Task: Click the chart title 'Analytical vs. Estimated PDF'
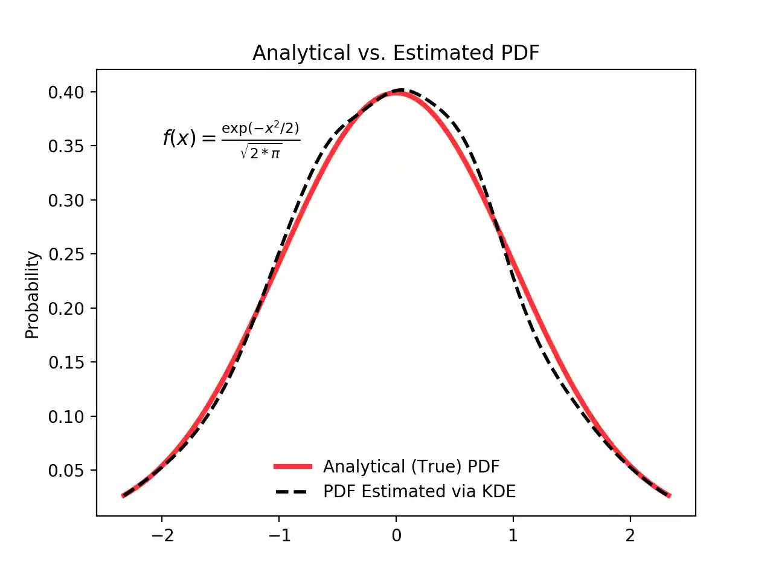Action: click(x=396, y=53)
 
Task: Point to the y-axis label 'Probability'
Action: click(x=32, y=294)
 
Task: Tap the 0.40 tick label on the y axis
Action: click(x=66, y=92)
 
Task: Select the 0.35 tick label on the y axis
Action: click(x=66, y=146)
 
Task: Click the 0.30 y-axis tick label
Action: click(x=66, y=201)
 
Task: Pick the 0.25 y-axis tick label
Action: click(x=66, y=254)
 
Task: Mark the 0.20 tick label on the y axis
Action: click(x=66, y=309)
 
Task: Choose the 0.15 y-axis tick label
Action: click(x=66, y=362)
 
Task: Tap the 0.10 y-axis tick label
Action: click(x=66, y=417)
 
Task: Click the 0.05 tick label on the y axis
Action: click(x=66, y=471)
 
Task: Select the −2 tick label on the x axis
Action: click(x=161, y=535)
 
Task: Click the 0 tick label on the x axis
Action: click(x=396, y=535)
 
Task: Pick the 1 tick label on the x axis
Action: click(x=513, y=535)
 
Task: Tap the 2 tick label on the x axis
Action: click(x=630, y=535)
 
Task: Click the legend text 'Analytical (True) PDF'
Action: click(x=411, y=466)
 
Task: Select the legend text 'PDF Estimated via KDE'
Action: click(x=419, y=492)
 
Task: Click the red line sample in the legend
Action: click(x=293, y=466)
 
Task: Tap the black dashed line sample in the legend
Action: click(x=293, y=492)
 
